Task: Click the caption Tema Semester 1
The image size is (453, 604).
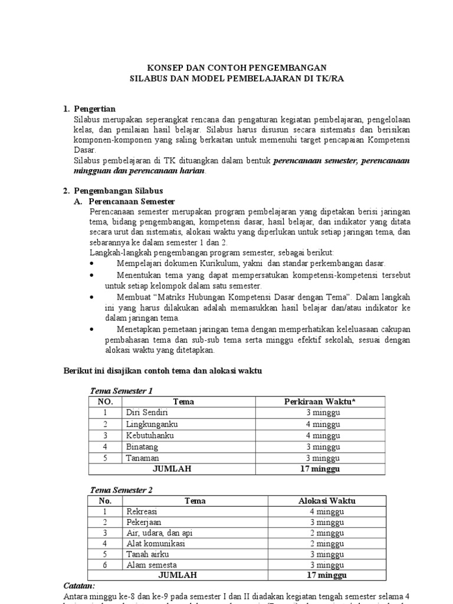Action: coord(121,390)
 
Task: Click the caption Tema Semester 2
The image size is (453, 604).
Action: coord(121,490)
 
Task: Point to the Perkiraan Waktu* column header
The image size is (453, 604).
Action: coord(320,402)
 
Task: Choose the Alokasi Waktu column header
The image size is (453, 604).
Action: coord(327,501)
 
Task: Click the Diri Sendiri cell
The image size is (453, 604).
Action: coord(143,413)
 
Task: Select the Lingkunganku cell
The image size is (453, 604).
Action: coord(152,424)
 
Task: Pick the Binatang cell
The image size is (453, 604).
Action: coord(142,447)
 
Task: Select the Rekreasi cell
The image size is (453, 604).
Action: coord(142,511)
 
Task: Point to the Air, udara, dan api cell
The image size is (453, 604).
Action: coord(159,533)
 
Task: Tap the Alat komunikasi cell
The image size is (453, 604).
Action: coord(155,543)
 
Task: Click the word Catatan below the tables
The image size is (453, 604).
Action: coord(78,586)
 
